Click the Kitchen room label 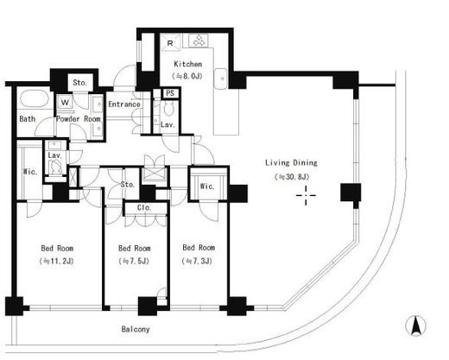coord(187,64)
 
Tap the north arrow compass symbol coord(415,325)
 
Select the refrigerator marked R coord(170,42)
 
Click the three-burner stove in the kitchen coord(199,41)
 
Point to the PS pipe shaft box coord(170,93)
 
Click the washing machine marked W coord(66,102)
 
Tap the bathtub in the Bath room coord(35,99)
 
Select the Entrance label coord(124,104)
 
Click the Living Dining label coord(291,163)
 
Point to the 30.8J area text coord(292,177)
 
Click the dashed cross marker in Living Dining coord(306,195)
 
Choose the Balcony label coord(136,329)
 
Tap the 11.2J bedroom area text coord(57,262)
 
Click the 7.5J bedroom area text coord(134,262)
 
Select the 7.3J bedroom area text coord(198,261)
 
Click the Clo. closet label coord(144,207)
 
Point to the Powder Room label coord(79,119)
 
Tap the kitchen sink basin coord(221,79)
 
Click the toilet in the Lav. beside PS coord(168,109)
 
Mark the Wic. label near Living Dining coord(207,186)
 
